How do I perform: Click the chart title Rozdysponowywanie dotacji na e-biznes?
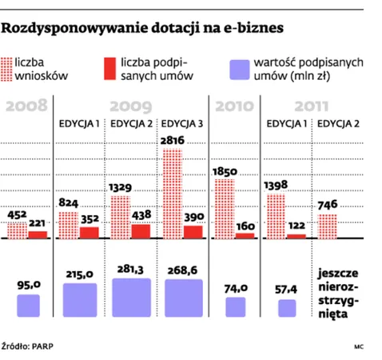tap(144, 29)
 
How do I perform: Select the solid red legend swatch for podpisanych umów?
tap(111, 69)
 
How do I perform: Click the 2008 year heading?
tap(27, 106)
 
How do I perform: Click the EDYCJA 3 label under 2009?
tap(183, 124)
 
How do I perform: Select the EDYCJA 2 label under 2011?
tap(338, 124)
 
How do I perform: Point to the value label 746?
tap(328, 205)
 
